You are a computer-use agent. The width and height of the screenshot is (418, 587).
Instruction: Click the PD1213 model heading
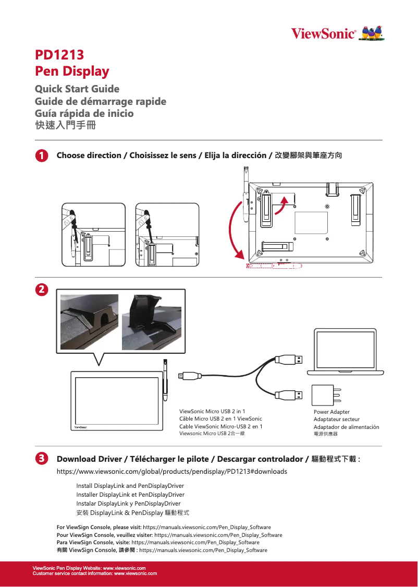[x=59, y=55]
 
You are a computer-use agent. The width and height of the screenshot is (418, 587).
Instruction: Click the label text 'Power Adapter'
[x=331, y=412]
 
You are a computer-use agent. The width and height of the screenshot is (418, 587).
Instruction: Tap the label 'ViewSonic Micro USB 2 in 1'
[x=212, y=411]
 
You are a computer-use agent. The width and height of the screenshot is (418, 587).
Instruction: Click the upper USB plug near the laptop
[x=288, y=359]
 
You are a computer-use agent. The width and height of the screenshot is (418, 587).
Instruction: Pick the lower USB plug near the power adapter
[x=288, y=394]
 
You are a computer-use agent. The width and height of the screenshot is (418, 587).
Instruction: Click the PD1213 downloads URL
[x=171, y=472]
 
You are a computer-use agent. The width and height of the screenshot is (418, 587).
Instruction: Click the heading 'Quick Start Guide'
[x=77, y=89]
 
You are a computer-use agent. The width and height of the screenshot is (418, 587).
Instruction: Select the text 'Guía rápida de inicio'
[x=84, y=113]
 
